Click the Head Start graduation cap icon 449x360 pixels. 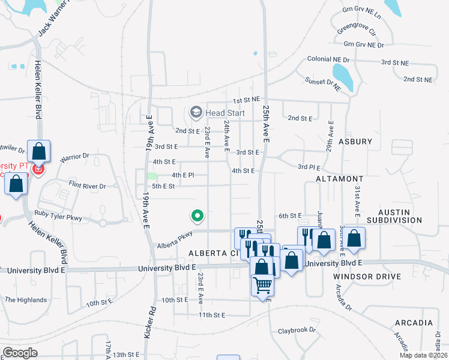pos(196,112)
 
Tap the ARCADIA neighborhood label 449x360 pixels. pos(414,323)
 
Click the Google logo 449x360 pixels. pos(20,353)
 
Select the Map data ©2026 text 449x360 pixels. pos(423,355)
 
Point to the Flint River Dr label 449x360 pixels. pos(87,185)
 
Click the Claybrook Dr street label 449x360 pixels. pos(297,331)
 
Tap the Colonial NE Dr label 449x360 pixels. pos(328,59)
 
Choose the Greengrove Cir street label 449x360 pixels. pos(356,29)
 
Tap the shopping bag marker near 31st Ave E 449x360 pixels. pos(355,238)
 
